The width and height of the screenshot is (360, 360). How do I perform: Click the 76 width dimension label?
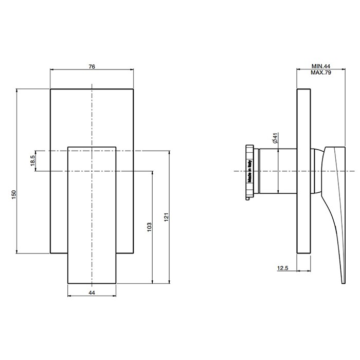pos(92,66)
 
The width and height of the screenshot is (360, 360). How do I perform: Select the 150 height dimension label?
pos(14,194)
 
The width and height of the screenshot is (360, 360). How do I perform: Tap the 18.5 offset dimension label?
pos(32,160)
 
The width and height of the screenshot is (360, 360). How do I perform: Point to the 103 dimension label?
pos(149,227)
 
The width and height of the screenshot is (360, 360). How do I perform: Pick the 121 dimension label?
pos(167,217)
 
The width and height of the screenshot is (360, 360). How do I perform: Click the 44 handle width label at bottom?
pos(92,293)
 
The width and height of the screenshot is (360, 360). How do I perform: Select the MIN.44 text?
pos(321,66)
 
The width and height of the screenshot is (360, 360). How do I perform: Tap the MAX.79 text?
pos(321,73)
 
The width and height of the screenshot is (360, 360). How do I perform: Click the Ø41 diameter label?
pos(276,138)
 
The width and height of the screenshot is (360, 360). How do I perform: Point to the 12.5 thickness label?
pos(283,268)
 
